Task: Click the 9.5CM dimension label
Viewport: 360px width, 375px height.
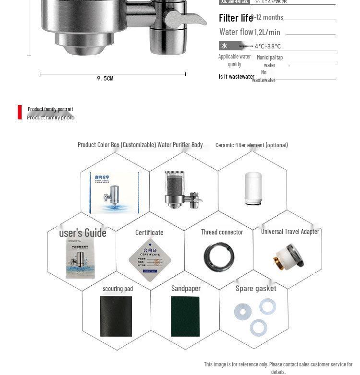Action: (105, 78)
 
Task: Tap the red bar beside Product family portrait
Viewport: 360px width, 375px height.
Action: (20, 112)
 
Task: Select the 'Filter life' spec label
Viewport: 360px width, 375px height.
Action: (236, 18)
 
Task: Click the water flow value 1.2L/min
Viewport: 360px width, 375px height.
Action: (267, 32)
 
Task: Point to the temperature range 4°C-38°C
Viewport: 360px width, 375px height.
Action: (268, 47)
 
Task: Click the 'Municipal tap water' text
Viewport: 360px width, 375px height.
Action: (269, 61)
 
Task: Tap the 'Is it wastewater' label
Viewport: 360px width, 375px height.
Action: (236, 77)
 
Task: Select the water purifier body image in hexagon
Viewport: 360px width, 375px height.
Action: (182, 190)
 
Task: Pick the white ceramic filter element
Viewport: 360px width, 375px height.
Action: (253, 188)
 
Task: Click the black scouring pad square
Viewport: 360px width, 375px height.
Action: (116, 316)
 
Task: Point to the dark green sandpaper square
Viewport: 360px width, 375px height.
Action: (185, 316)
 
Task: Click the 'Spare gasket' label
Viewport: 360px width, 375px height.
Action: (256, 289)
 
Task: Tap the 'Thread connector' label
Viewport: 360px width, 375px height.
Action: (222, 232)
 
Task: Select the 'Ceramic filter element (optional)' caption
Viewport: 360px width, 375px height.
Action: (252, 145)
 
